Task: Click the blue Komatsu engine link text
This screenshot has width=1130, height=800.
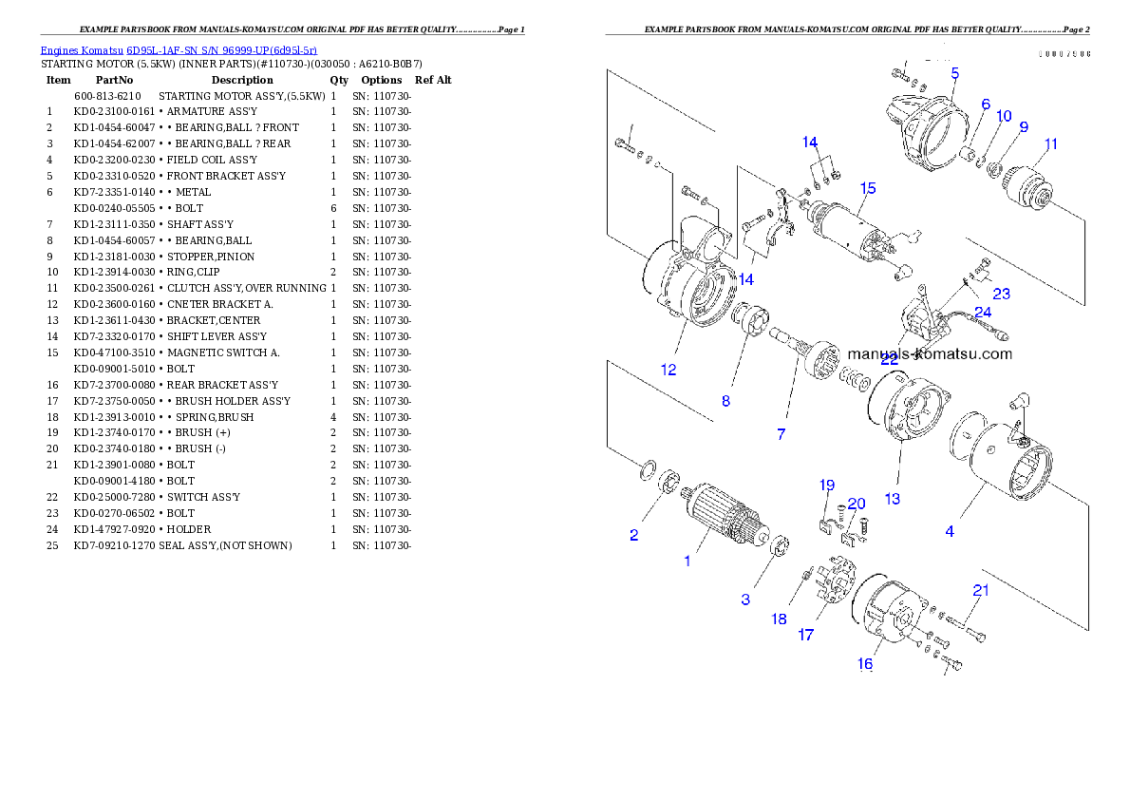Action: pyautogui.click(x=179, y=49)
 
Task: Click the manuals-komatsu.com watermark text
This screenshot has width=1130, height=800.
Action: pyautogui.click(x=929, y=354)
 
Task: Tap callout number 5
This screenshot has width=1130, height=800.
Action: pyautogui.click(x=954, y=72)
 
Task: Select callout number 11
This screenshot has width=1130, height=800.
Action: pyautogui.click(x=1050, y=144)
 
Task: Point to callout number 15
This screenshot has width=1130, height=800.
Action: pyautogui.click(x=868, y=187)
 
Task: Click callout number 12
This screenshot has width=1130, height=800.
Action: pyautogui.click(x=669, y=370)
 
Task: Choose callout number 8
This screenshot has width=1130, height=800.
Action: pyautogui.click(x=725, y=401)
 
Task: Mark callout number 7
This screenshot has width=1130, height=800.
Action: pyautogui.click(x=781, y=434)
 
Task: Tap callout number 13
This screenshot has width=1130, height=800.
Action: pyautogui.click(x=893, y=498)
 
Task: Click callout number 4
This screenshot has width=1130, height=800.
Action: pyautogui.click(x=950, y=531)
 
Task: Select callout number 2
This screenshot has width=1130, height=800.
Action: pyautogui.click(x=634, y=535)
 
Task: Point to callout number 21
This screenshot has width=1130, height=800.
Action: pyautogui.click(x=981, y=590)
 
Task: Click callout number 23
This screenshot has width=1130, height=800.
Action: pyautogui.click(x=1001, y=294)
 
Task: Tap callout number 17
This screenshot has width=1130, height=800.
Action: pyautogui.click(x=805, y=635)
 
